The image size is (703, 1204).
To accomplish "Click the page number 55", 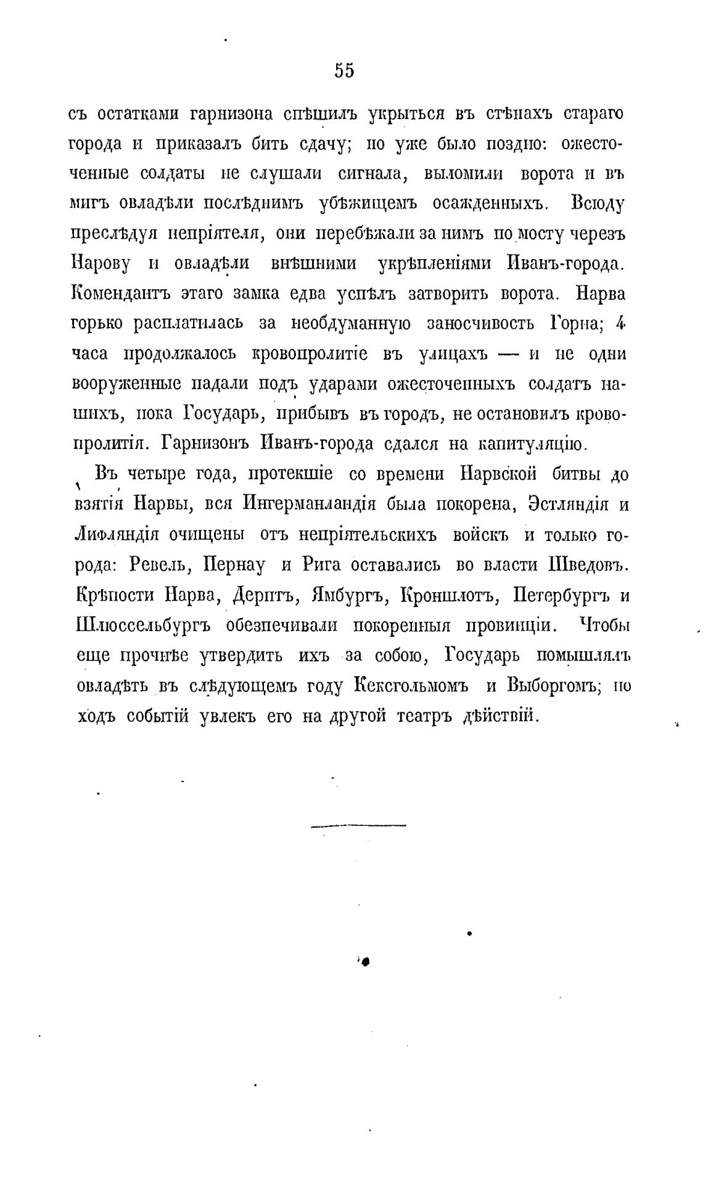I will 345,71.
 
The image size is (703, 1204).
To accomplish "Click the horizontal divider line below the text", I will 358,825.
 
